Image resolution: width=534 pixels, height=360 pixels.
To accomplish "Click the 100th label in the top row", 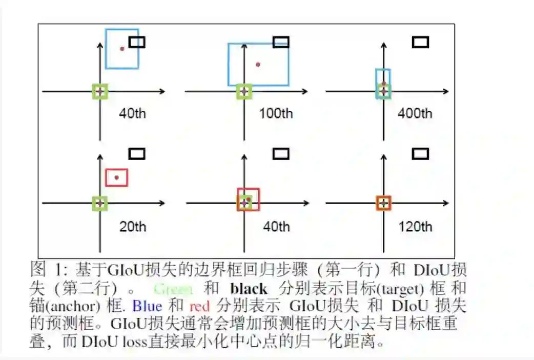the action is (276, 113).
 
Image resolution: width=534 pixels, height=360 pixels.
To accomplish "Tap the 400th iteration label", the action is (415, 113).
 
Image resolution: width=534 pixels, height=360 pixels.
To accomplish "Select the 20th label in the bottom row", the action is (132, 226).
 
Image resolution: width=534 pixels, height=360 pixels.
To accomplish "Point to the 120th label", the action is (415, 226).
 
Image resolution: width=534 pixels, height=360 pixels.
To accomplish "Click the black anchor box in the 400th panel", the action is (420, 42).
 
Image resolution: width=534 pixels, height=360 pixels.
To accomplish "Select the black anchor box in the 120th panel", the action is (420, 153).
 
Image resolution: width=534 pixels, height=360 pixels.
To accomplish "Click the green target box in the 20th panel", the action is (100, 204).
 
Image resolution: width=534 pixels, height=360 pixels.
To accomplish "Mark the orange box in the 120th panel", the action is (383, 203).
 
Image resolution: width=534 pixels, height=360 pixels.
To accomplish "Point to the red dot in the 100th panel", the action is (258, 65).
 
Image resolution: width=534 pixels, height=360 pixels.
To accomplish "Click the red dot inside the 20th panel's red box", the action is (117, 177).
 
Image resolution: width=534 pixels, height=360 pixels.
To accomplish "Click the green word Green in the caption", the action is (173, 289).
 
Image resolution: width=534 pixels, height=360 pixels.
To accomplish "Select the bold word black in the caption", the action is (249, 289).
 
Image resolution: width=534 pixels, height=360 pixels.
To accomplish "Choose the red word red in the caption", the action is (200, 307).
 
